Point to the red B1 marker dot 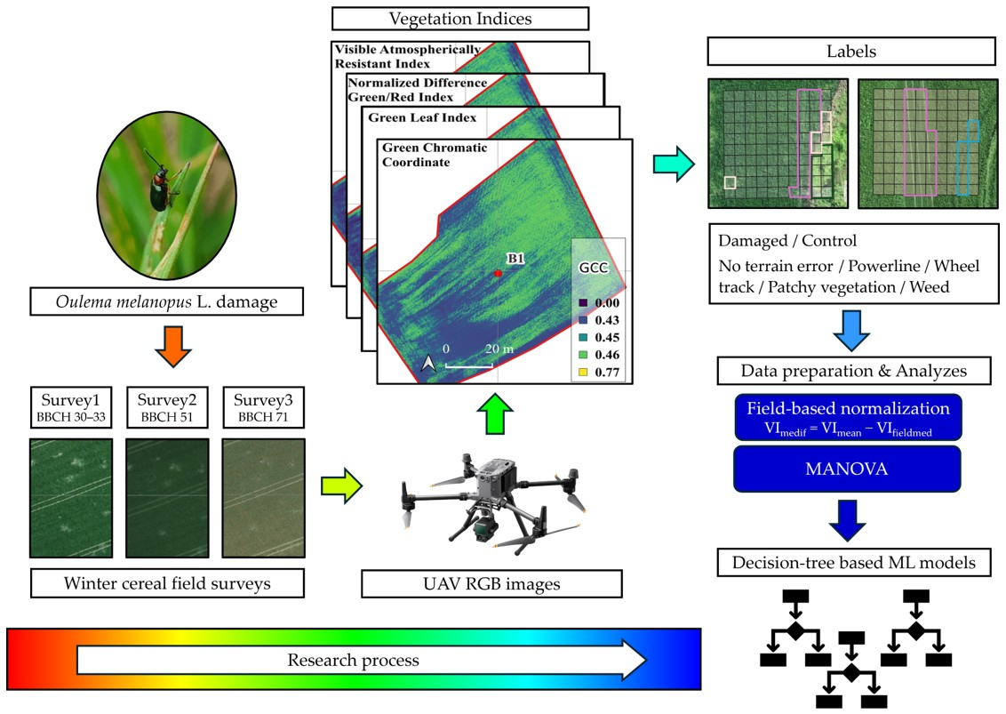[x=499, y=274]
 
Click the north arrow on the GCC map [x=427, y=363]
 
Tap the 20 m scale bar [x=470, y=365]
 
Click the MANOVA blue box [x=848, y=469]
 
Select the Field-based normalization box [x=848, y=417]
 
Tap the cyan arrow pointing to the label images [x=673, y=164]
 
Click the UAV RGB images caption [x=491, y=583]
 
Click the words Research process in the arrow [x=353, y=660]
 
